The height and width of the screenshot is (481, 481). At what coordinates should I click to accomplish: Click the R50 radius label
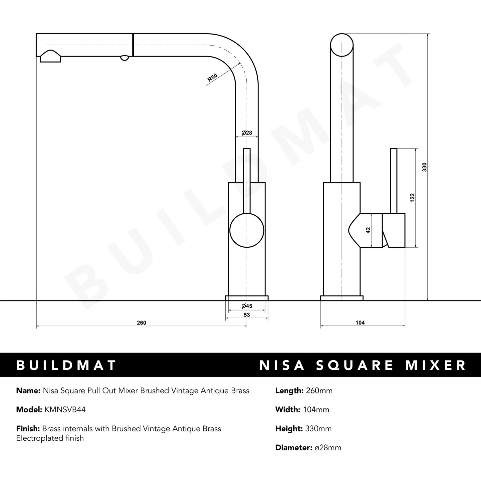pyautogui.click(x=212, y=78)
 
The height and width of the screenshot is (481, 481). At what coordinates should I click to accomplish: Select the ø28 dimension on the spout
pyautogui.click(x=247, y=133)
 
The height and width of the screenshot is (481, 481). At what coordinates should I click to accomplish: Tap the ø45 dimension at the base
pyautogui.click(x=247, y=306)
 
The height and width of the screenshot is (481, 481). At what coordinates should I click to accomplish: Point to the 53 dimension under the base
pyautogui.click(x=247, y=315)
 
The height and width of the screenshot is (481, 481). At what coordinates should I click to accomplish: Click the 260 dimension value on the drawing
pyautogui.click(x=141, y=323)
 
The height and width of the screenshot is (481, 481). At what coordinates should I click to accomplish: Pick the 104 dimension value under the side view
pyautogui.click(x=360, y=323)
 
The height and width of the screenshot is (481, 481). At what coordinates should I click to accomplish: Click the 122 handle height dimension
pyautogui.click(x=412, y=198)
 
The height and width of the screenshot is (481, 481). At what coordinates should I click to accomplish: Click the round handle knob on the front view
pyautogui.click(x=247, y=230)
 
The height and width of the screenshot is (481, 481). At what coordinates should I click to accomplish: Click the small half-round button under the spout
pyautogui.click(x=124, y=58)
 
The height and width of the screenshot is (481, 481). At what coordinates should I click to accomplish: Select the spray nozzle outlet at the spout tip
pyautogui.click(x=50, y=57)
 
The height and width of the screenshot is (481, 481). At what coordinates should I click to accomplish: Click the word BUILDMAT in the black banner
pyautogui.click(x=67, y=365)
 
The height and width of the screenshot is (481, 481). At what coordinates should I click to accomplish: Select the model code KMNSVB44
pyautogui.click(x=65, y=410)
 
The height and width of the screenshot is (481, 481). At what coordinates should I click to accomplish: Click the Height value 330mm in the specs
pyautogui.click(x=318, y=429)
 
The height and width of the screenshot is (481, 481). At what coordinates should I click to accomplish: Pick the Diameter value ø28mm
pyautogui.click(x=328, y=448)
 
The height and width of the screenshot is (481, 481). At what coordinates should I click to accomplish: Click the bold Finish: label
pyautogui.click(x=28, y=429)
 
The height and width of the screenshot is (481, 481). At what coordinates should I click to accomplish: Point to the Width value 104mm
pyautogui.click(x=316, y=410)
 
